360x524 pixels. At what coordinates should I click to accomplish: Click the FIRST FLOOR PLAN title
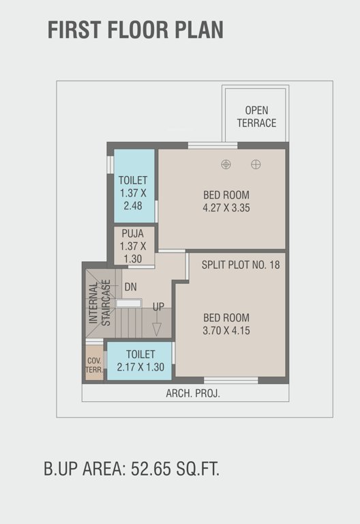tap(135, 30)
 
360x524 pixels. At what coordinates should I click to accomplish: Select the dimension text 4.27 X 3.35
tap(226, 207)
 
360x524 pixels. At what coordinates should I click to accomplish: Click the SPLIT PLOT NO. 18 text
tap(241, 264)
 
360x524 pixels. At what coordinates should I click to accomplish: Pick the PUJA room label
tap(133, 233)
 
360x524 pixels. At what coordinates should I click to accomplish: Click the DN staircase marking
tap(130, 287)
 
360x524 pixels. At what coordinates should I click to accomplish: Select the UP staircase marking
tap(158, 306)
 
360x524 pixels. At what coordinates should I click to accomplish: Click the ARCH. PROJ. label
tap(193, 394)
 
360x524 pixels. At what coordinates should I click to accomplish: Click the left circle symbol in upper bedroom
tap(226, 164)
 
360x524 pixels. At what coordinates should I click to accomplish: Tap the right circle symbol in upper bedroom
tap(256, 164)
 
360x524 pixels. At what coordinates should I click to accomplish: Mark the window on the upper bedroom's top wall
tap(213, 145)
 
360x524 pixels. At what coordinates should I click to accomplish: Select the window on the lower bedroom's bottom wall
tap(230, 380)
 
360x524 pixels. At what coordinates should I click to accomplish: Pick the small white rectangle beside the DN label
tap(129, 302)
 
